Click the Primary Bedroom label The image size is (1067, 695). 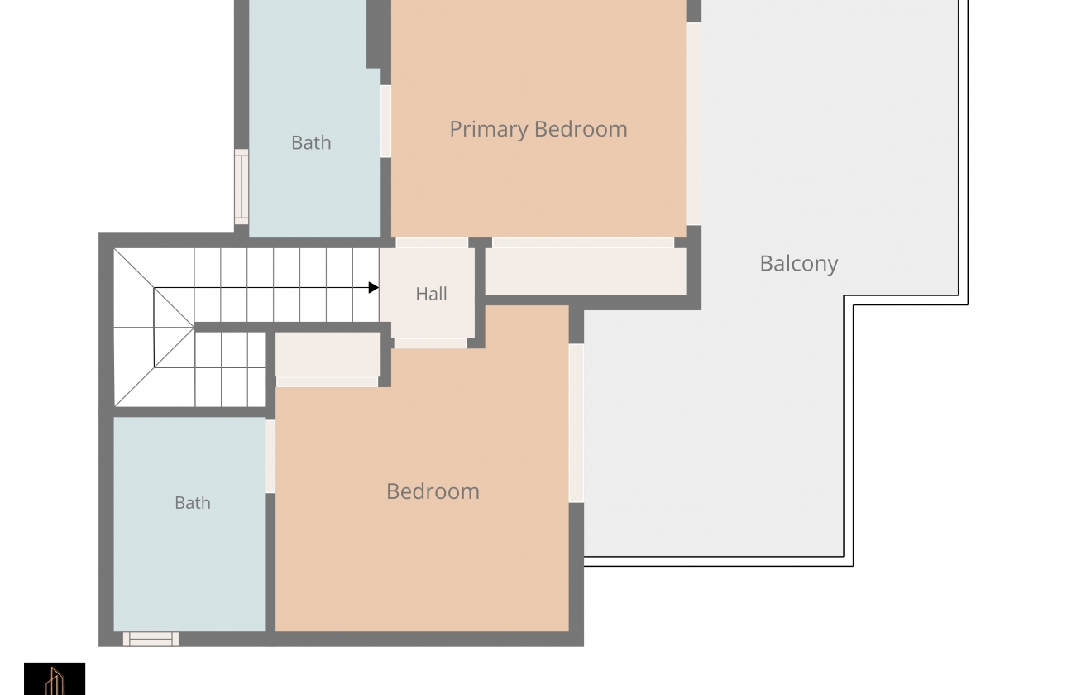[x=538, y=130]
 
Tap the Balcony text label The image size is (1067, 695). [x=799, y=264]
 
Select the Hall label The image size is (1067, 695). [x=431, y=294]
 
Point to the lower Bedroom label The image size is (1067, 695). [x=433, y=491]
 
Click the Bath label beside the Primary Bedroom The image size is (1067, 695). [x=311, y=143]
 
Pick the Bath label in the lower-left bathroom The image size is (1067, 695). [x=193, y=503]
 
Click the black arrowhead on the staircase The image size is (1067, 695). [x=374, y=288]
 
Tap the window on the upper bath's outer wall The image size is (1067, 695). [x=242, y=187]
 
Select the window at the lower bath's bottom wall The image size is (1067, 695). [x=151, y=640]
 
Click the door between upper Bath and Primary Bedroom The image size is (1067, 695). [x=385, y=122]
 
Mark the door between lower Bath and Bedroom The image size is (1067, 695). [x=270, y=457]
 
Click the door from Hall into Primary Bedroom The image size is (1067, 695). [x=432, y=243]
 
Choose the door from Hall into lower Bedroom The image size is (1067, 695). [x=430, y=343]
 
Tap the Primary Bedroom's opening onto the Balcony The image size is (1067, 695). [x=693, y=124]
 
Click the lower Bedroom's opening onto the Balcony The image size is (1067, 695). [x=577, y=423]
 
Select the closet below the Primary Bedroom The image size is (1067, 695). [x=586, y=271]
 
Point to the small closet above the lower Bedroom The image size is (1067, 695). [x=328, y=355]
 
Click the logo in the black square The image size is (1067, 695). [x=55, y=678]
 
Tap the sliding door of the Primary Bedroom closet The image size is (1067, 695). [x=583, y=243]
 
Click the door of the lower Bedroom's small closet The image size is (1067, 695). [x=328, y=382]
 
